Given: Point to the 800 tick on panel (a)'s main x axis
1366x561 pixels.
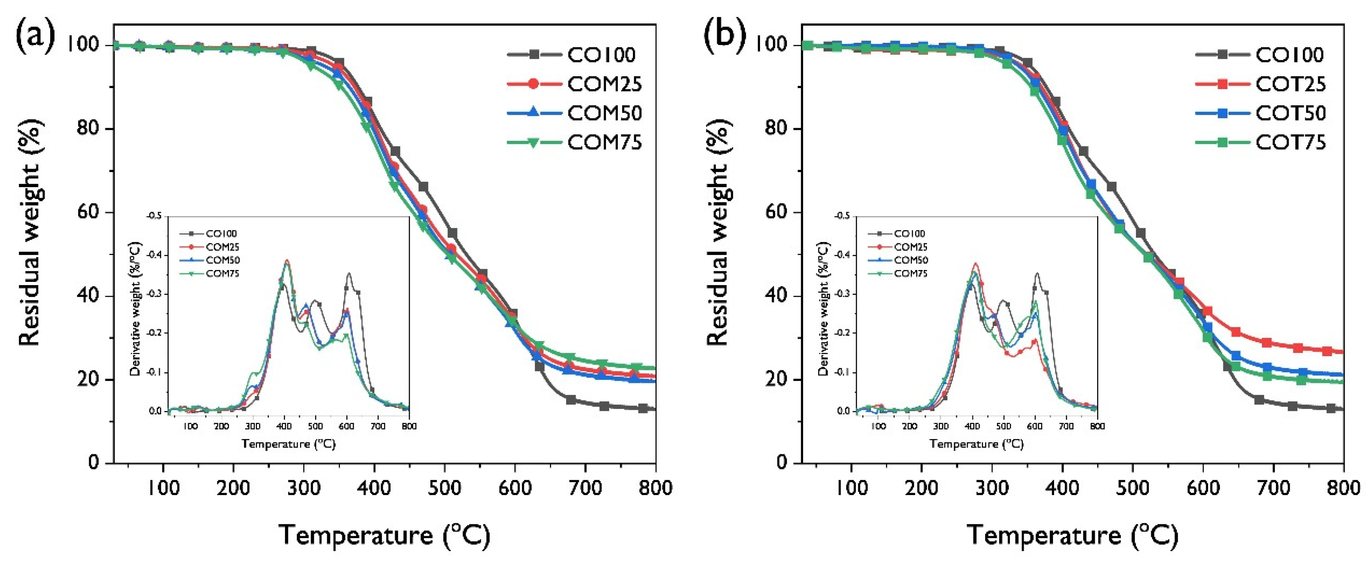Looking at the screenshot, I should coord(655,487).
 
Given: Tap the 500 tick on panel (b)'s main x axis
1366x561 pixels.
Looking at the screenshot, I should coord(1133,487).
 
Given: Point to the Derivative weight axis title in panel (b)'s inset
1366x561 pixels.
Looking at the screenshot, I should coord(824,310).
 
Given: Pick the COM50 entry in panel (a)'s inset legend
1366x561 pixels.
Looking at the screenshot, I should coord(223,260).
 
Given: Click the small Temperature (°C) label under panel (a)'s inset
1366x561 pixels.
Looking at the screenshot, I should coord(289,444).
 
